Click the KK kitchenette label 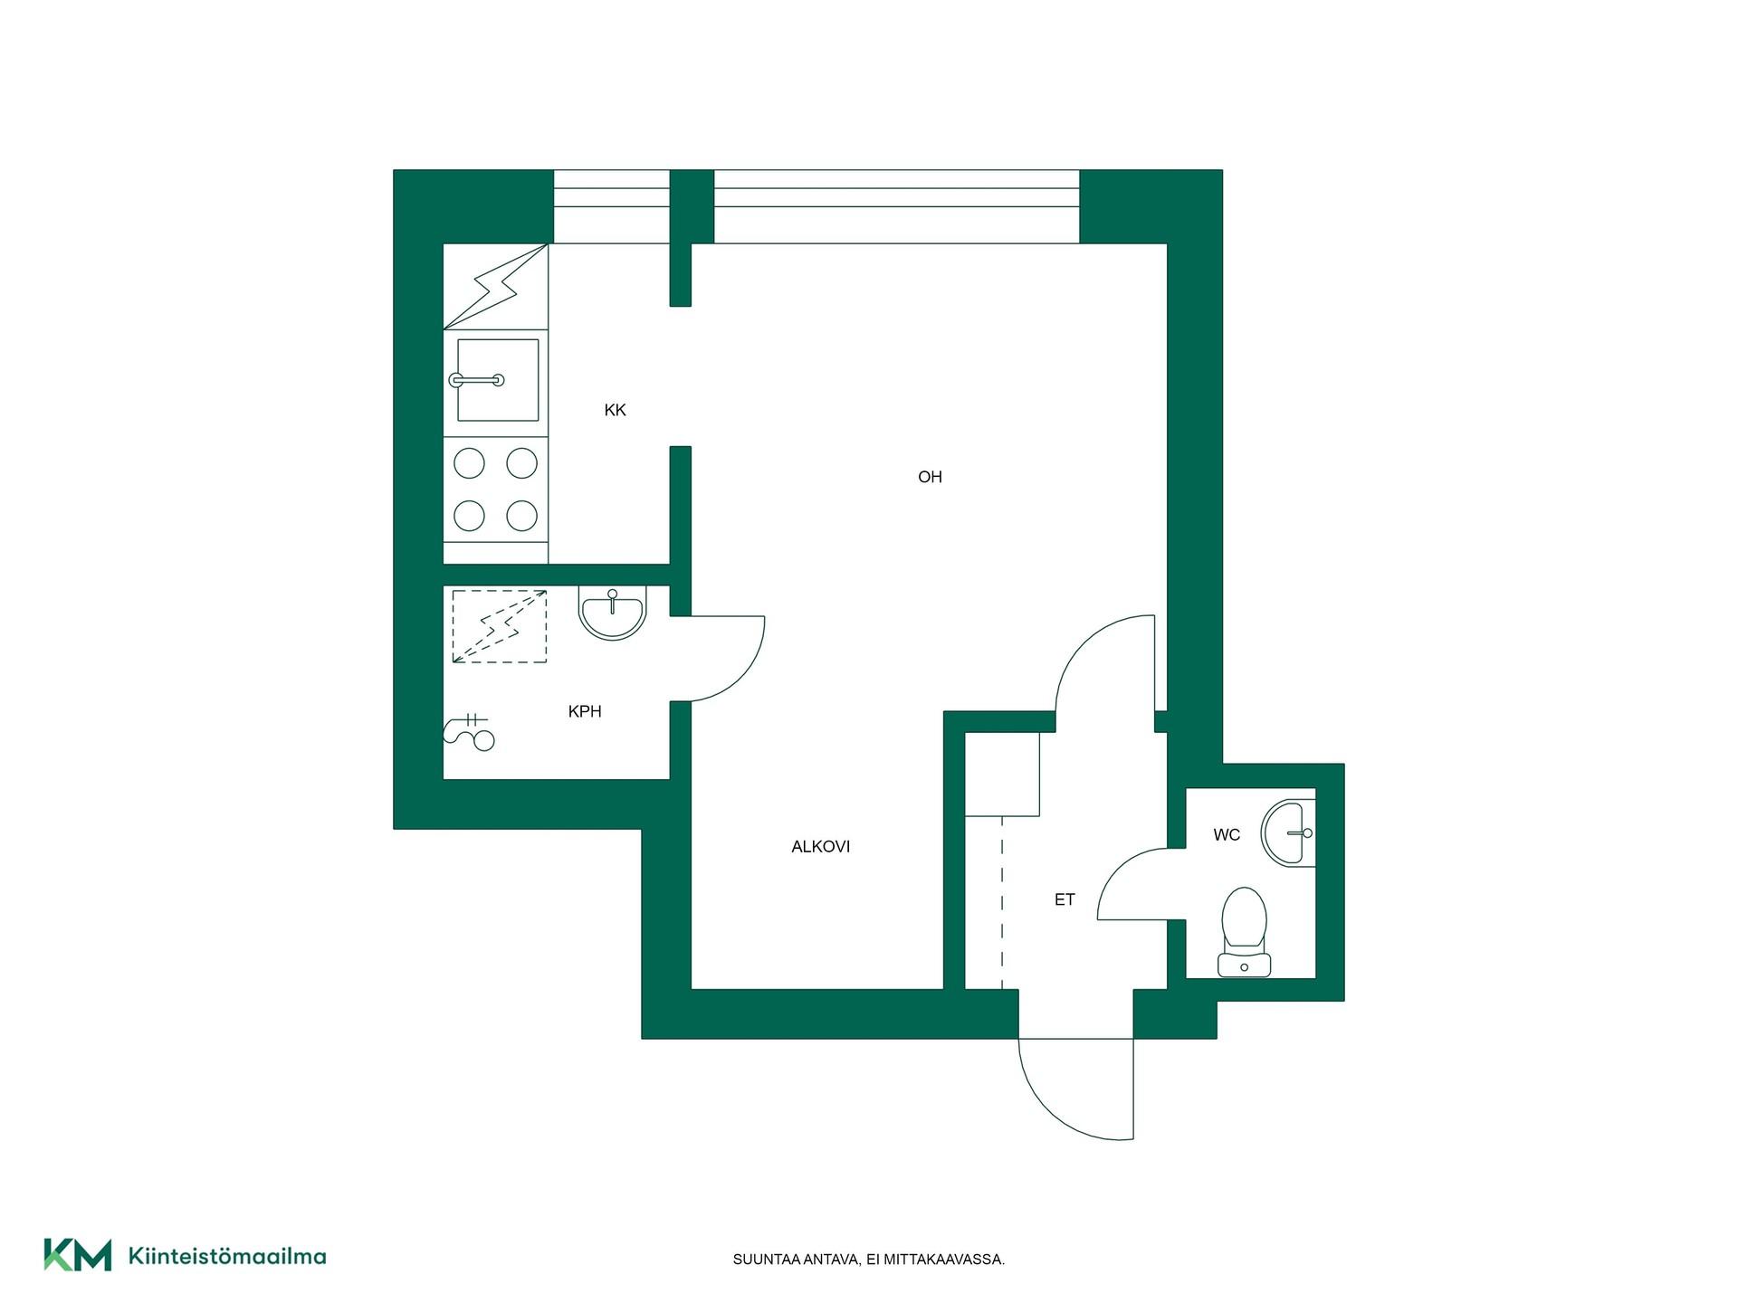click(615, 411)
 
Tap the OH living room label click(930, 477)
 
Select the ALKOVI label click(820, 847)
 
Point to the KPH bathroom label click(585, 712)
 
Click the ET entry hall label click(1065, 900)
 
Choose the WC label click(1227, 835)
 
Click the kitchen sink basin click(498, 380)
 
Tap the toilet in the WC click(1244, 932)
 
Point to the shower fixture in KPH click(470, 732)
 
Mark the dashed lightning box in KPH click(500, 626)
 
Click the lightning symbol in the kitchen click(496, 287)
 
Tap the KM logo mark click(78, 1255)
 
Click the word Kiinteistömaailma click(227, 1256)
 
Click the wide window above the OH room click(896, 207)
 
